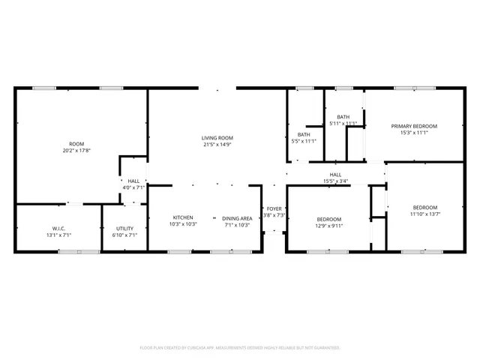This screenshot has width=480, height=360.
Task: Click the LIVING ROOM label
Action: (217, 138)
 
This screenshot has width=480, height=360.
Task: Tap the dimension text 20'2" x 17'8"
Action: (76, 150)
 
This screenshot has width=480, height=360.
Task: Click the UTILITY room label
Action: (124, 229)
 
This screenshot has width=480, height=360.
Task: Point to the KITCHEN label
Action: (183, 217)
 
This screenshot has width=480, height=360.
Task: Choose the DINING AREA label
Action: (235, 217)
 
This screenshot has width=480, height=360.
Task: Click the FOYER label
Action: (274, 208)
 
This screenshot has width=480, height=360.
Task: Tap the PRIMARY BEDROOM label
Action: (413, 126)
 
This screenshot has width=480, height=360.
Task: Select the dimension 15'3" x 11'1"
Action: (413, 133)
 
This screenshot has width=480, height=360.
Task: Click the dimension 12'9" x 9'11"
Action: (328, 225)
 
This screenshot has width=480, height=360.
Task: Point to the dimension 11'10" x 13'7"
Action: (424, 214)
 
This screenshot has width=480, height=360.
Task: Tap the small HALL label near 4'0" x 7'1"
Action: (133, 181)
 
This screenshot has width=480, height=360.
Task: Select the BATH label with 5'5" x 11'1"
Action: (303, 134)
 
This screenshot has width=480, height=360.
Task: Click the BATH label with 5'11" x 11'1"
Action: (343, 117)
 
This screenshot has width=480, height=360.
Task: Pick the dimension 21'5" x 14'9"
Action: (217, 145)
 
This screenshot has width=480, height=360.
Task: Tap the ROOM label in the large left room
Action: (76, 143)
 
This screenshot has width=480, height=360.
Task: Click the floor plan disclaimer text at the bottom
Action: (240, 347)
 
